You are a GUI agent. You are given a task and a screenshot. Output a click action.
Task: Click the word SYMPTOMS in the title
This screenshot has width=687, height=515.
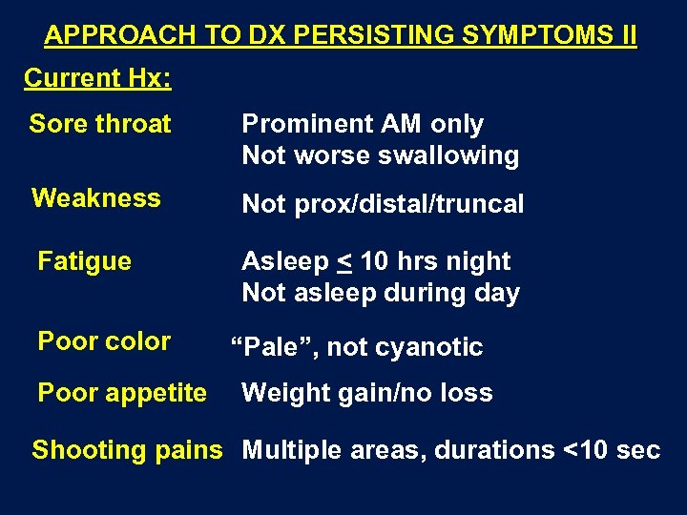526,36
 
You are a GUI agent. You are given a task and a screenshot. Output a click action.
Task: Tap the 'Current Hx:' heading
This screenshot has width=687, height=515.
97,78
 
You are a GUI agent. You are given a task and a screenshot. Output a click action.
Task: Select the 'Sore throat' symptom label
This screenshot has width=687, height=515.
100,124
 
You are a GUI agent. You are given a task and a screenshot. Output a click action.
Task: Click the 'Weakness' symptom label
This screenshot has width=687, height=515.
96,198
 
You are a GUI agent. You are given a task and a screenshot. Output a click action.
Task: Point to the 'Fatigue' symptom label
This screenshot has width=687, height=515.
84,261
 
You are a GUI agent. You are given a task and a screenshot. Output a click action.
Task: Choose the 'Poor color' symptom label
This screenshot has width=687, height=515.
104,341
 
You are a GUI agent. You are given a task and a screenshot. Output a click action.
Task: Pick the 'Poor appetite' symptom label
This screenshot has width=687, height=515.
122,393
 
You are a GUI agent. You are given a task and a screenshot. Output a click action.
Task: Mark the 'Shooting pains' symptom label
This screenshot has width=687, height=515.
127,450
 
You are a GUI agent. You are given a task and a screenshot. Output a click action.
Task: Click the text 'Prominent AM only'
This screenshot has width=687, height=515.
363,124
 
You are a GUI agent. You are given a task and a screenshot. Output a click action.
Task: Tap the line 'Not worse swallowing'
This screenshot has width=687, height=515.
380,155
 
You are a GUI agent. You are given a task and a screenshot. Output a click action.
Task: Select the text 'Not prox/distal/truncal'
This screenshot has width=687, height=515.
383,204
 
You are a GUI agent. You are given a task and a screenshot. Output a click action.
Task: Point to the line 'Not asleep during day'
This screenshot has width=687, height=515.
380,293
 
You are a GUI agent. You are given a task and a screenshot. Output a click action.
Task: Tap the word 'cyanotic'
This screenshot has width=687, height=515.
435,347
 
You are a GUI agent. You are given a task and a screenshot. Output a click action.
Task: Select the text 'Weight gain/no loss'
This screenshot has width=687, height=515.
367,393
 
